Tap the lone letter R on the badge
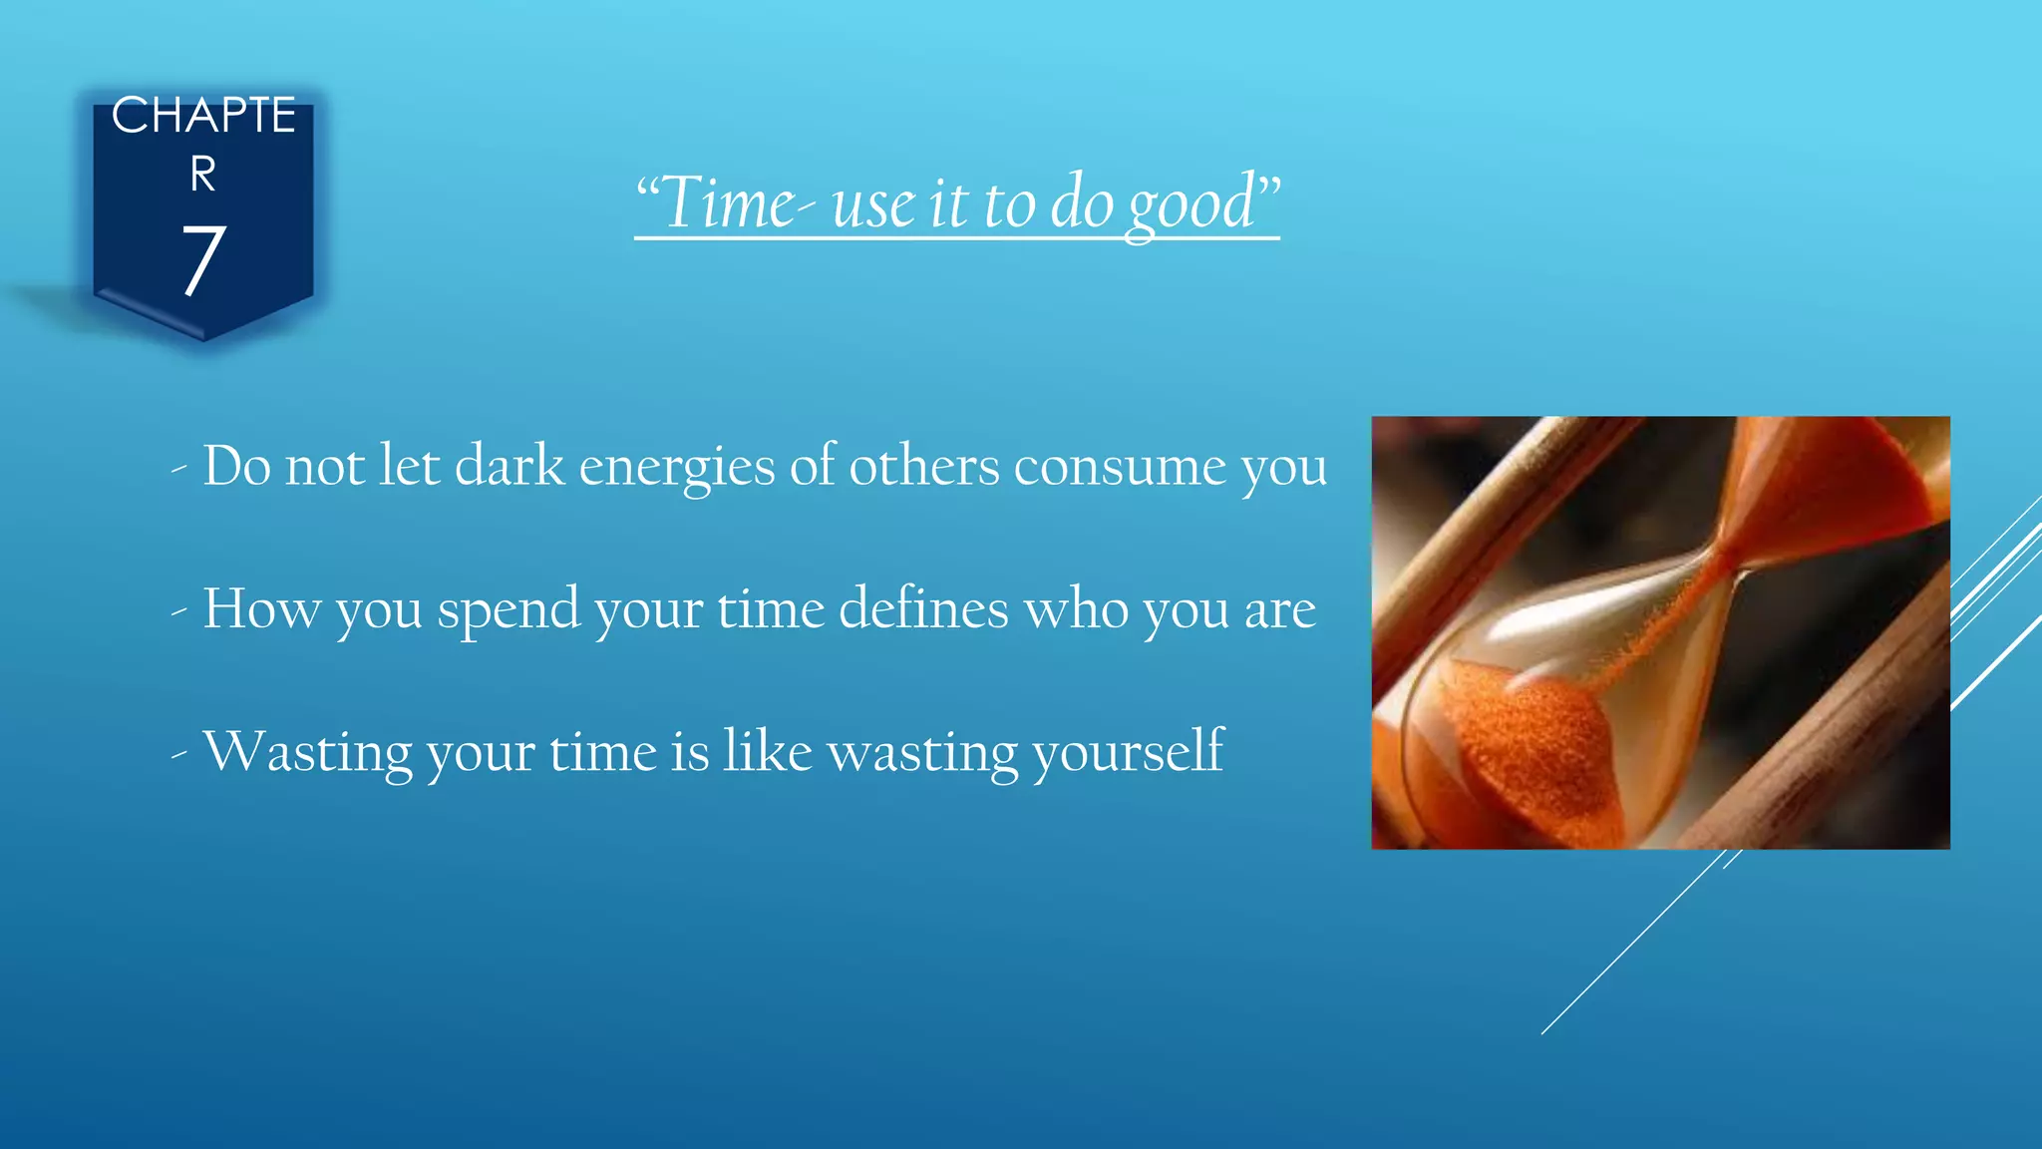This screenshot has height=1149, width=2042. point(203,176)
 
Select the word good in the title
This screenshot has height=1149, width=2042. point(1191,203)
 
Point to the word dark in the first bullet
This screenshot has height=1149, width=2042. point(510,466)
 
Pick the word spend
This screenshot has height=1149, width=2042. point(509,610)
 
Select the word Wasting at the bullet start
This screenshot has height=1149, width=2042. point(307,753)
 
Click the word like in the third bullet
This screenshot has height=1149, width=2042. point(768,751)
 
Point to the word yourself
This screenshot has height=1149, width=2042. point(1128,753)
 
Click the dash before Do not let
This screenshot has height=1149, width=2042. point(179,468)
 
